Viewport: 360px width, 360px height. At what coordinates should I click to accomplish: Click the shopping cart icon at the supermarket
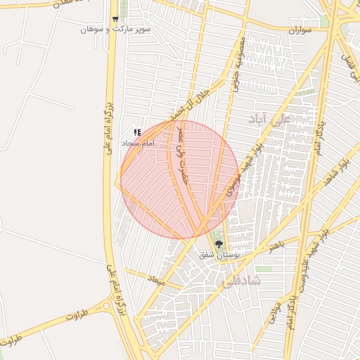point(115,20)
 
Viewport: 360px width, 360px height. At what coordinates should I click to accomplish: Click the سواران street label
point(304,32)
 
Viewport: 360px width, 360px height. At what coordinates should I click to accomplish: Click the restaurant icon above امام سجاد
point(138,132)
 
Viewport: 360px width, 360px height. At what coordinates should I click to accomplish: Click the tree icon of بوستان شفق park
point(219,243)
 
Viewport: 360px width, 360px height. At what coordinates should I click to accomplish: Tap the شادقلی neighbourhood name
point(241,281)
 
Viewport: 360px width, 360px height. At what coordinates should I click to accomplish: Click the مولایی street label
point(274,311)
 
